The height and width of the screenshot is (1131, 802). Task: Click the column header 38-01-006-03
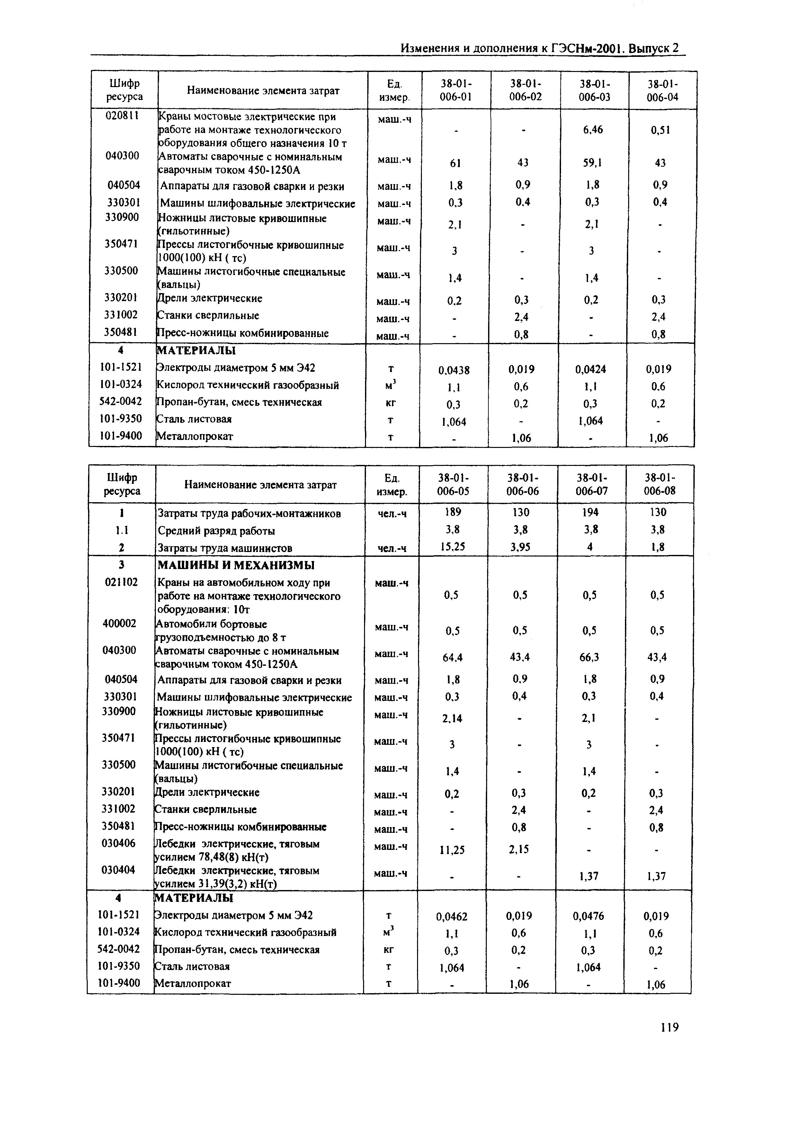[594, 90]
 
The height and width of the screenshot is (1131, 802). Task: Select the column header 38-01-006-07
[591, 484]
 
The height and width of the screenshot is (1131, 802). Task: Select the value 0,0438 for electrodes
[454, 370]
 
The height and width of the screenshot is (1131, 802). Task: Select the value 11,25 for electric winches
[452, 850]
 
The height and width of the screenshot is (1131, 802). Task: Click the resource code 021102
[120, 582]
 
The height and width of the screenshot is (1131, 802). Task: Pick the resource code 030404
[119, 869]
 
